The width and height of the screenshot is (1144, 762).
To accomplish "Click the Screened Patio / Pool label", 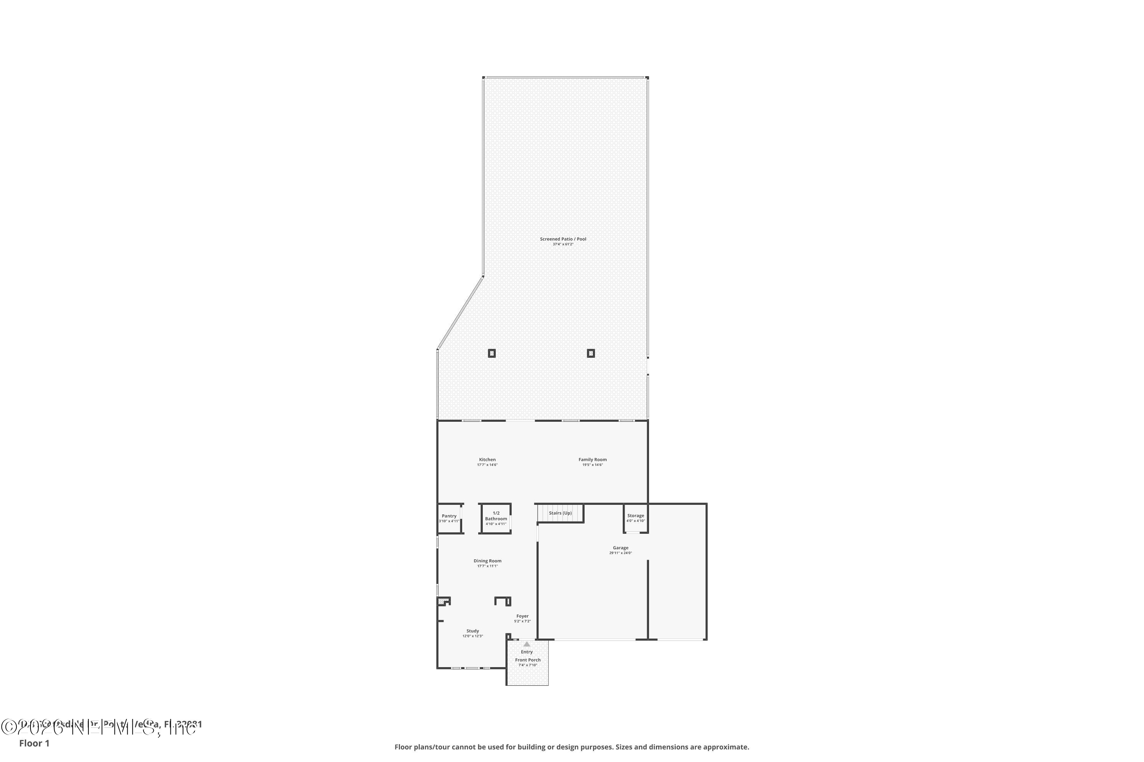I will point(563,239).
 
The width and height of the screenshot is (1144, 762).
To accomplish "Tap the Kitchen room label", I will point(487,460).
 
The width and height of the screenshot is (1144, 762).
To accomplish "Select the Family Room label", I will point(593,460).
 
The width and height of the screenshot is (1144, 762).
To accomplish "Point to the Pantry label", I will point(449,516).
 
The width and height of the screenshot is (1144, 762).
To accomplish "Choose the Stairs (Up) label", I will point(560,513).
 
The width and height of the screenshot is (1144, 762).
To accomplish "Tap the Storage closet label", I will point(635,515).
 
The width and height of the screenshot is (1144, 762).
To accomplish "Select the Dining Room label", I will point(487,561).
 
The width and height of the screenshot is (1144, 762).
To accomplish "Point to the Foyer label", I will point(522,616).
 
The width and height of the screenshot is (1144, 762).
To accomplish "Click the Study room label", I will point(472,631).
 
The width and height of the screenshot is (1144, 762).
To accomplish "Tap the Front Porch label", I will point(528,660).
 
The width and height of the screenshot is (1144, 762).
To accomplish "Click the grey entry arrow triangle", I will point(527,644).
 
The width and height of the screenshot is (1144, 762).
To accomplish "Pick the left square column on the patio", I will point(492,353).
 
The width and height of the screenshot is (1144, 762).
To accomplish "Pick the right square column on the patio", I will point(591,353).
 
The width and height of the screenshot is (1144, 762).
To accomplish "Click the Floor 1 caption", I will point(34,743).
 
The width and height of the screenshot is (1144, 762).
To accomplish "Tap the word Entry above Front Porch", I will point(527,652).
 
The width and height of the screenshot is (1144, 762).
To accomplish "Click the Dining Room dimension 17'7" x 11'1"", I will point(487,566).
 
